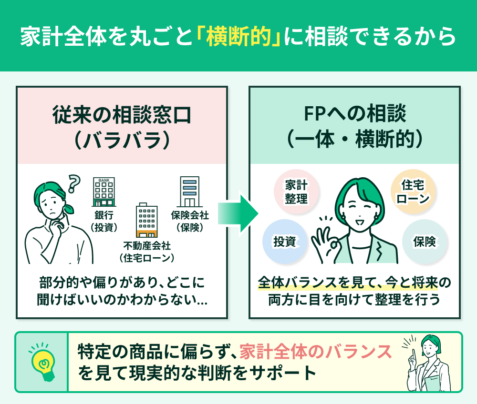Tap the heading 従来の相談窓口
point(121,115)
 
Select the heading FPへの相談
point(355,115)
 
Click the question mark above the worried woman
point(73,182)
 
